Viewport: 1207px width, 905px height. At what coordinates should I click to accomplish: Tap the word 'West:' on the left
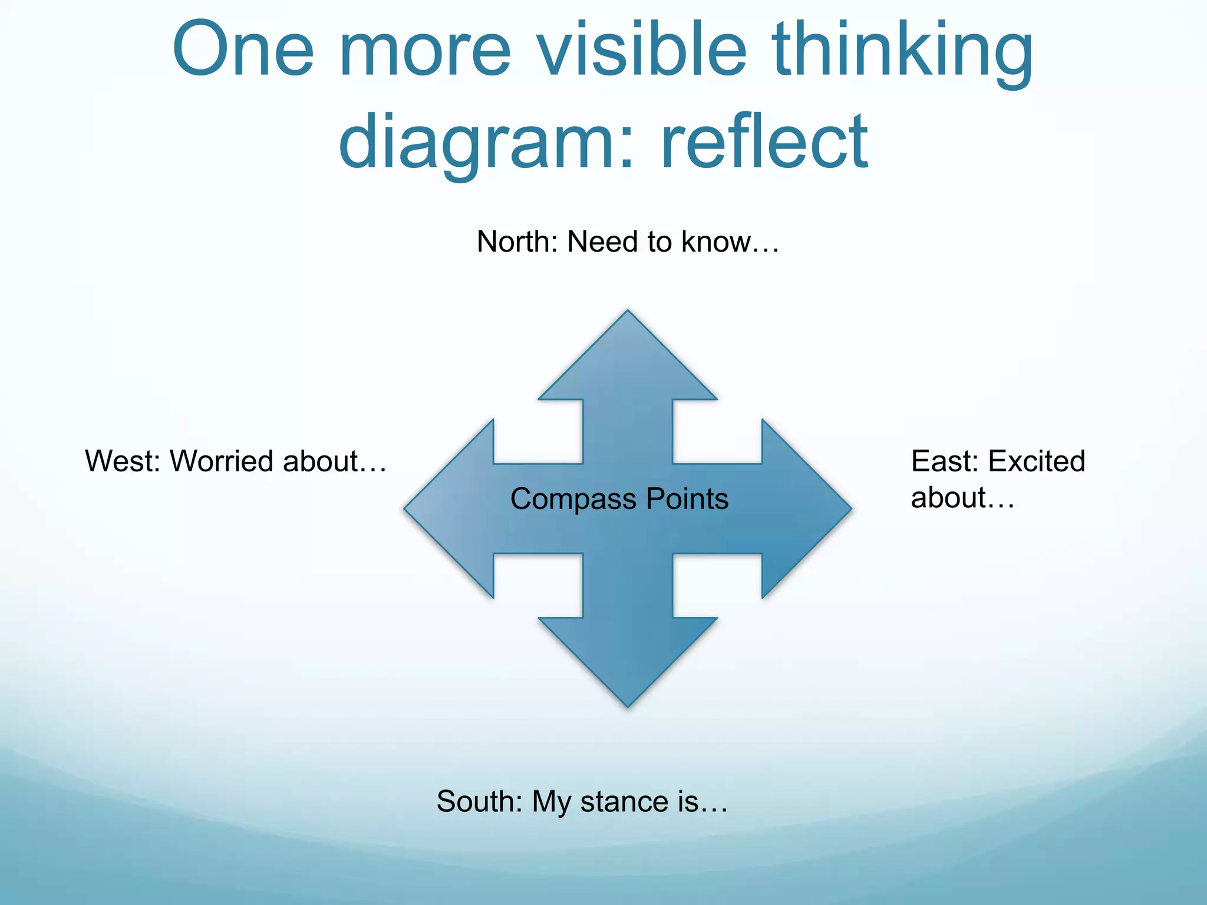123,461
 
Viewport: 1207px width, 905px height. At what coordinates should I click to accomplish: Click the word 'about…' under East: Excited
962,498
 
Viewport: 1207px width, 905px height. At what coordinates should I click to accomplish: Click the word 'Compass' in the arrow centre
573,499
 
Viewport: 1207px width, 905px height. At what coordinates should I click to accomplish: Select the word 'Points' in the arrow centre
687,499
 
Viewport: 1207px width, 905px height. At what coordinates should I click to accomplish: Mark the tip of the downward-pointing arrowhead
628,705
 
